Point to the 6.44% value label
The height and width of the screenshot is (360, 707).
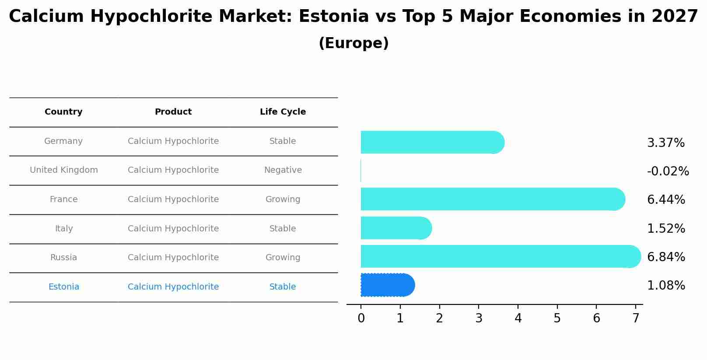(665, 200)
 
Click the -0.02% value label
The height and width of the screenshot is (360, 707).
(668, 171)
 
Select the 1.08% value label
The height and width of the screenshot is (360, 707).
(665, 286)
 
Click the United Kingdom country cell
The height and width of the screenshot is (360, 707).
(64, 170)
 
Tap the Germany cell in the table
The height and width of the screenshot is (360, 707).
(63, 141)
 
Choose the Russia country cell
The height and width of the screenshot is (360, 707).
(63, 258)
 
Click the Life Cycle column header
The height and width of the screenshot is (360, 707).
(283, 112)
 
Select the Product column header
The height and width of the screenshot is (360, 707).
(173, 112)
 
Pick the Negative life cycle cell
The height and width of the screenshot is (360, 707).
(283, 170)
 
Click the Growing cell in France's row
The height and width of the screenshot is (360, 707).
(283, 199)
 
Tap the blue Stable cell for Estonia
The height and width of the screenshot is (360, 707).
(283, 287)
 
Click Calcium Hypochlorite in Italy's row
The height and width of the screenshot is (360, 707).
(173, 229)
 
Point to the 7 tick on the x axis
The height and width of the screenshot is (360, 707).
(636, 318)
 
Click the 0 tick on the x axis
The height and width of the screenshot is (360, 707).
(361, 318)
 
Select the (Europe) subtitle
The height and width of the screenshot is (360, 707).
(353, 43)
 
